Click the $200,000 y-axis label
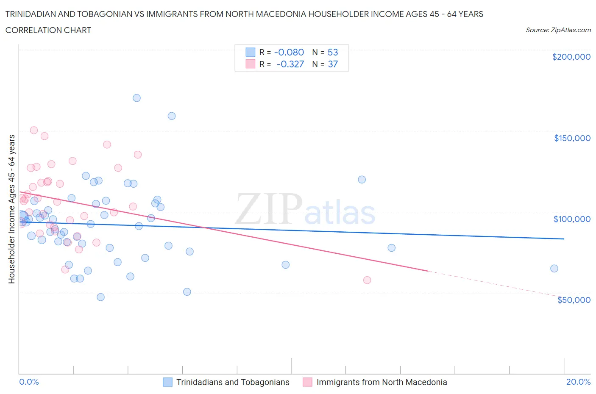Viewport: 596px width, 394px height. click(x=571, y=57)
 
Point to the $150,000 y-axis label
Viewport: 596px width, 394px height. click(x=572, y=138)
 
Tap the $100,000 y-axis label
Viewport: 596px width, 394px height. click(x=572, y=219)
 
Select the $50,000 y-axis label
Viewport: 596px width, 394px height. click(x=574, y=300)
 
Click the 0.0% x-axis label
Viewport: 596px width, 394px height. click(x=29, y=382)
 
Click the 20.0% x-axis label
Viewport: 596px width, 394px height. click(x=578, y=382)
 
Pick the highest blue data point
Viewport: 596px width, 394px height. click(x=136, y=98)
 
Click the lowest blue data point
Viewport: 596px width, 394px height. click(x=100, y=297)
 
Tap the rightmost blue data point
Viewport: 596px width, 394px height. click(x=554, y=268)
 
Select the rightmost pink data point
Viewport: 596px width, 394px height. click(x=367, y=280)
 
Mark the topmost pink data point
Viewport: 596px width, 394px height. click(x=34, y=130)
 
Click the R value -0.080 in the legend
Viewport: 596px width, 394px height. click(x=289, y=52)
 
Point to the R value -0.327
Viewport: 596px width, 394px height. click(x=290, y=64)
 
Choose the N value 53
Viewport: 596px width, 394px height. click(x=333, y=52)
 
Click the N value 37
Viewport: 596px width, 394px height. click(x=333, y=64)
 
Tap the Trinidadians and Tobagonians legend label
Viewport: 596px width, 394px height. click(x=233, y=382)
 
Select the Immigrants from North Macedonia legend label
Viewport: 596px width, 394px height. click(x=382, y=382)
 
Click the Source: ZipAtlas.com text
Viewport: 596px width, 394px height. click(x=558, y=30)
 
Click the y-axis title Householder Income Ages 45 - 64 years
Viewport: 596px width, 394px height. click(x=12, y=209)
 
